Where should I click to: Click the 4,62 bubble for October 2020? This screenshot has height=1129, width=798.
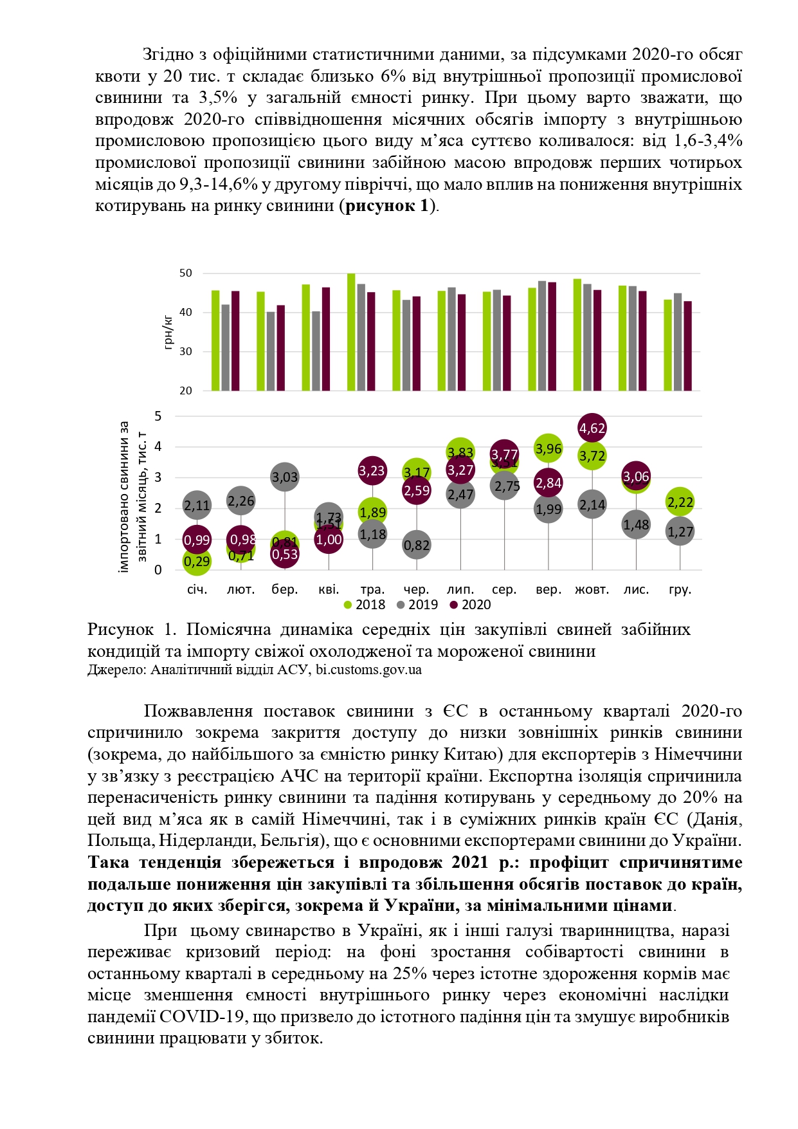[592, 428]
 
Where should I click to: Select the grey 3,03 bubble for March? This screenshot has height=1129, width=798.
[285, 477]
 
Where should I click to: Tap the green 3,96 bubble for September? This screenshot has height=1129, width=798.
[549, 449]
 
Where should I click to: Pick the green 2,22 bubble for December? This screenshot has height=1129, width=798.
[680, 502]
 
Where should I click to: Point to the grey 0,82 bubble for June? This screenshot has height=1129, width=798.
[417, 546]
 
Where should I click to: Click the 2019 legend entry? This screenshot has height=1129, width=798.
[417, 605]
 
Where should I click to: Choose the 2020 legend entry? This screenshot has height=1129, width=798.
[471, 605]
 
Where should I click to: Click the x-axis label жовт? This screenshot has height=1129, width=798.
[592, 589]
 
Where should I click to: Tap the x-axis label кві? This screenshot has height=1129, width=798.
[329, 589]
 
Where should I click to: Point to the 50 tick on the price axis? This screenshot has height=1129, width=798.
[186, 273]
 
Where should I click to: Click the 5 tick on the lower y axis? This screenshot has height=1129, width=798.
[158, 416]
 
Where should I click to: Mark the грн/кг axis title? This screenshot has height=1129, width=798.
[169, 332]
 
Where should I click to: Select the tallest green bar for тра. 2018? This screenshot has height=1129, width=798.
[351, 332]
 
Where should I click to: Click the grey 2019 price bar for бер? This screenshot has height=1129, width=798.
[271, 351]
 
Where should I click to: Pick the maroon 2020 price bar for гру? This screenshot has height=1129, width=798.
[688, 345]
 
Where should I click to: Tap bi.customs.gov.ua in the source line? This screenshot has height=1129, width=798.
[368, 670]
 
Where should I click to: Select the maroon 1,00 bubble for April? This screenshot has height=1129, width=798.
[329, 540]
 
